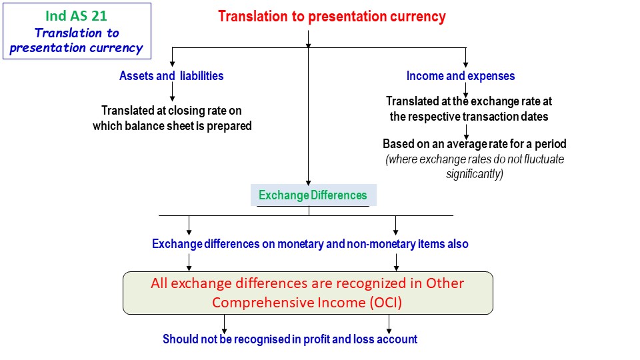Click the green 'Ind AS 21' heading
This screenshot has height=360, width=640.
pos(76,16)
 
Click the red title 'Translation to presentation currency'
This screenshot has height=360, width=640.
pos(332,17)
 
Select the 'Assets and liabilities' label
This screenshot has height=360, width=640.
pos(171,76)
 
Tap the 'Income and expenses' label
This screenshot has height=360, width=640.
pos(461,76)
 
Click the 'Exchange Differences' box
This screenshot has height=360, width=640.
pos(313,195)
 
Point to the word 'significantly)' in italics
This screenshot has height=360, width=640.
pos(474,174)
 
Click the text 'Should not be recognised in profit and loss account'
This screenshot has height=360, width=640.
pos(290,339)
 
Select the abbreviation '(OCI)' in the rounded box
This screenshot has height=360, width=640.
pos(386,303)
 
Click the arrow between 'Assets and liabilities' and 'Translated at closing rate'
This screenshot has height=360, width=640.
pos(172,92)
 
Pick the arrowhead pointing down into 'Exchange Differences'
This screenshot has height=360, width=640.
pos(308,183)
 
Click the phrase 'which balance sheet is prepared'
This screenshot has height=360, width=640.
pos(172,126)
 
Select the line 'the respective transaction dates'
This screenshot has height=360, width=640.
pos(469,117)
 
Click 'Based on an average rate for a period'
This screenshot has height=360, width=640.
pos(474,144)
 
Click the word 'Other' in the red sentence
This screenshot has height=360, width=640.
pos(445,283)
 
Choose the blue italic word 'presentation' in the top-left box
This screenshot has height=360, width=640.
pos(48,48)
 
